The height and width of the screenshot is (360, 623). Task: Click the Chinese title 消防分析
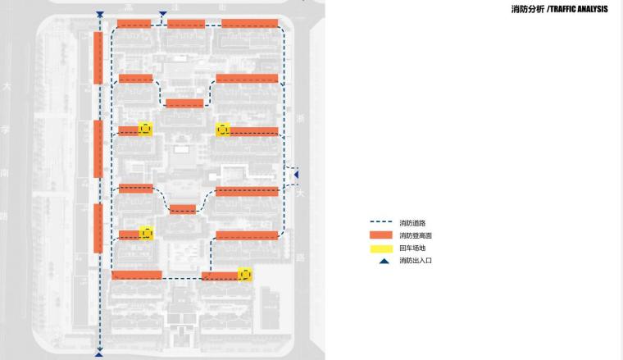tap(527, 10)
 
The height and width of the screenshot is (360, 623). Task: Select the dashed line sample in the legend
tap(380, 223)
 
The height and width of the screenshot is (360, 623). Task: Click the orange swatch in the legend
tap(380, 235)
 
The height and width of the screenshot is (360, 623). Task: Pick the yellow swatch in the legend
tap(380, 248)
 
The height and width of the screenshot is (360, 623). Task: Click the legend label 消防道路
tap(412, 223)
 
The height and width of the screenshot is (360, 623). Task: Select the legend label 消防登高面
tap(415, 235)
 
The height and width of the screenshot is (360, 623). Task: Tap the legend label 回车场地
tap(412, 248)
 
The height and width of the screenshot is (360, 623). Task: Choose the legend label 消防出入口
tap(415, 260)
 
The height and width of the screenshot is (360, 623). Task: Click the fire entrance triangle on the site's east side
tap(297, 174)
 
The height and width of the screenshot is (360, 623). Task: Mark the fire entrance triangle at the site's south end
tap(99, 354)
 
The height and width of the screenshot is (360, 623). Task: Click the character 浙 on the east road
tap(301, 118)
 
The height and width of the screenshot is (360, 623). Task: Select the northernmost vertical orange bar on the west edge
tap(98, 57)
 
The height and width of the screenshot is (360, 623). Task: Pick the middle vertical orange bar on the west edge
tap(98, 148)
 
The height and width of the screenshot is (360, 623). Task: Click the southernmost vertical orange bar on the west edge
tap(98, 228)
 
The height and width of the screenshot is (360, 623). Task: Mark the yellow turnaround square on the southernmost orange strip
tap(244, 274)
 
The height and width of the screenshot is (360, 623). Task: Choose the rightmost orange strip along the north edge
tap(249, 23)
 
